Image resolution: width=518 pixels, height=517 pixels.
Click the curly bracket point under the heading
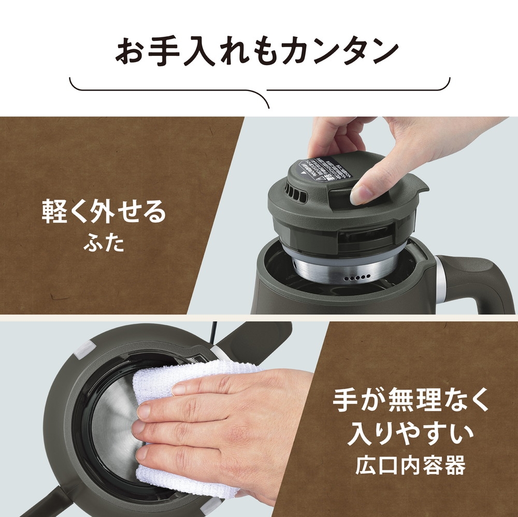[268, 106]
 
